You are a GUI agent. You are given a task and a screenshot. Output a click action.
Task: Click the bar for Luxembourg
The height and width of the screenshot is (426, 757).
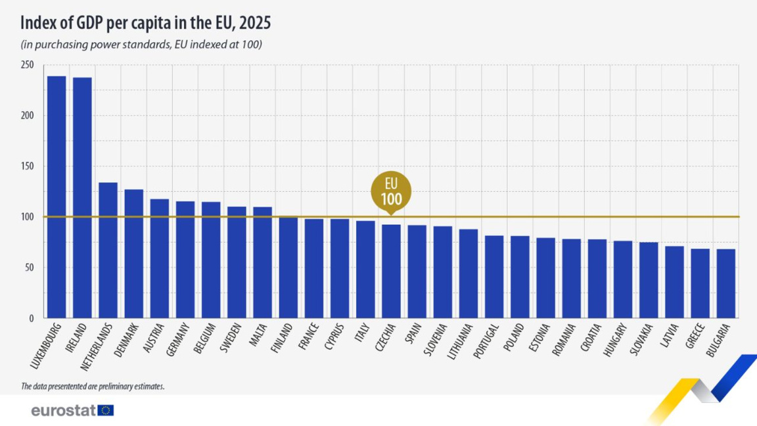click(x=57, y=197)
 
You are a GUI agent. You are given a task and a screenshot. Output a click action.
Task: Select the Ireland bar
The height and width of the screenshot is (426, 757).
click(x=82, y=198)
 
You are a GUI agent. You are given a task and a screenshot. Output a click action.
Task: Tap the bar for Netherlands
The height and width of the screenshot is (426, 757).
click(x=108, y=250)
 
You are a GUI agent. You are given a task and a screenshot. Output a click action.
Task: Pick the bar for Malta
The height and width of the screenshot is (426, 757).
click(x=262, y=262)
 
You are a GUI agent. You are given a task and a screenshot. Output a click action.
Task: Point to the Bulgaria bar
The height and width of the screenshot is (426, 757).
click(x=725, y=283)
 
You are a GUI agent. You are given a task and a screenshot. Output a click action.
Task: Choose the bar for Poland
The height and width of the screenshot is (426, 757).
click(x=520, y=277)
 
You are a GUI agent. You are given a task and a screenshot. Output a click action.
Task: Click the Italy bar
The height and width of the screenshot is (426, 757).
click(x=365, y=270)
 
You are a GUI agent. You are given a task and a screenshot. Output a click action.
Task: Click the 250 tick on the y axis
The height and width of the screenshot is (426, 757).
click(x=27, y=65)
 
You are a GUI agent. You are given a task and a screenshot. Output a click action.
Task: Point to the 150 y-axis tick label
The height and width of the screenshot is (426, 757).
click(x=27, y=166)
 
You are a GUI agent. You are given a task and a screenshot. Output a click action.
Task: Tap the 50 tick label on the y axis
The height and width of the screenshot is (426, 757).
click(x=29, y=268)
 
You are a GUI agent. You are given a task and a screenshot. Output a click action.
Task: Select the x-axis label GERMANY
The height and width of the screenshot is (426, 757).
click(x=179, y=339)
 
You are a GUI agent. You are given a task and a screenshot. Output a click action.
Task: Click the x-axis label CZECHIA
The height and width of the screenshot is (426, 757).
click(x=386, y=339)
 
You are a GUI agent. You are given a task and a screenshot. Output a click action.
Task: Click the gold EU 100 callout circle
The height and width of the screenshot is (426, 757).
click(x=391, y=191)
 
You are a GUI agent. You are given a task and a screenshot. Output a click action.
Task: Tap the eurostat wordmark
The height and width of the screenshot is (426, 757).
click(x=63, y=411)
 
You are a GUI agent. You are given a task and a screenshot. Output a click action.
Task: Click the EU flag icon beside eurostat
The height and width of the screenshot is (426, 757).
click(x=106, y=411)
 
